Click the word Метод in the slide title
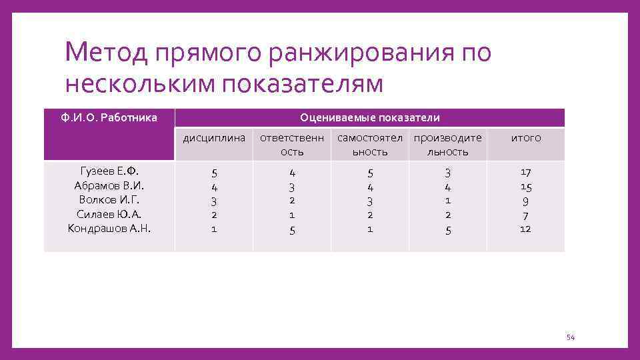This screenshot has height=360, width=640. pos(107,52)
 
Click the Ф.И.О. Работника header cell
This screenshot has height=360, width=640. pos(109,118)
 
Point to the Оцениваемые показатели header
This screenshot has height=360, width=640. pos(369,118)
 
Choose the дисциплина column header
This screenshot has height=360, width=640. pos(214,139)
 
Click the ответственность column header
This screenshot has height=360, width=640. pos(292,145)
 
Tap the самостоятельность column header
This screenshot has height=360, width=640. pos(370,145)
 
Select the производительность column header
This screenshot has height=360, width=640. pos(447,145)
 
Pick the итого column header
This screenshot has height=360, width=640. pos(525,139)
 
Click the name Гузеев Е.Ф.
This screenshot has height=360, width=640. pos(109,171)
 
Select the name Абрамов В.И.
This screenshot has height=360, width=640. pos(109,185)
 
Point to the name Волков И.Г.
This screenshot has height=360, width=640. pos(109,200)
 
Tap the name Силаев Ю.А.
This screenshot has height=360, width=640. pos(109,214)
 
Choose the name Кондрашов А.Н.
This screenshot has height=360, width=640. pos(109,229)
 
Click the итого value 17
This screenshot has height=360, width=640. pos(525,172)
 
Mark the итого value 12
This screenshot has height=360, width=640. pos(525,229)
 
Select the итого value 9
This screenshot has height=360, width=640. pos(525,200)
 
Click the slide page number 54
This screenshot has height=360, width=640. pos(570,338)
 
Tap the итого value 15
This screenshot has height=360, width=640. pos(525,186)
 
